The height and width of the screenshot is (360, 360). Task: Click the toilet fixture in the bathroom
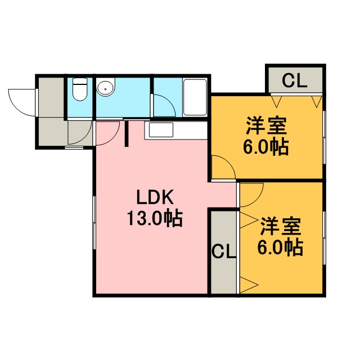pos(80,89)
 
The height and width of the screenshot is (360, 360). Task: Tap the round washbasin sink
pos(105,87)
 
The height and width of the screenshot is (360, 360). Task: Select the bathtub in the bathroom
pos(195,97)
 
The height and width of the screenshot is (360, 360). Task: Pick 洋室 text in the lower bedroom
pos(281,226)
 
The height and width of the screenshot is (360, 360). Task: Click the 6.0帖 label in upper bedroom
pos(266,147)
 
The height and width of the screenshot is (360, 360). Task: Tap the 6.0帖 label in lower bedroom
pos(280,247)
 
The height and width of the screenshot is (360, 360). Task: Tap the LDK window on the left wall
pos(94,223)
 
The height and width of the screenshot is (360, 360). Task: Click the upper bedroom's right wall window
pos(324,137)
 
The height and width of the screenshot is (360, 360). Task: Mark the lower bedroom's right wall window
pos(324,238)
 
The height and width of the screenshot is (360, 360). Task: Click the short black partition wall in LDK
pos(127,134)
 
